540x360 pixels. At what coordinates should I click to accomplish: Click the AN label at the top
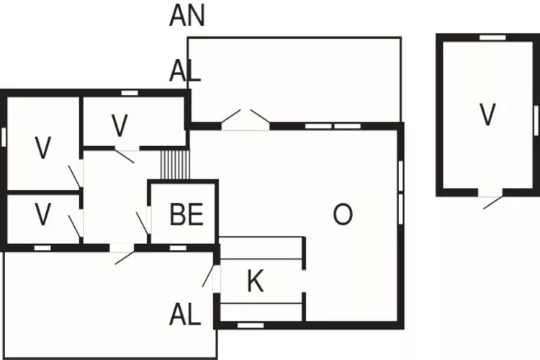coord(187,15)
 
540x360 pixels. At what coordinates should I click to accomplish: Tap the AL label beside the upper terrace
coord(184,71)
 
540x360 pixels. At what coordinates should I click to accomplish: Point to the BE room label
coord(186,215)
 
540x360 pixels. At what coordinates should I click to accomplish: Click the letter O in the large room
coord(343,215)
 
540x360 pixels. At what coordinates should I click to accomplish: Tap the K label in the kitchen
coord(255,282)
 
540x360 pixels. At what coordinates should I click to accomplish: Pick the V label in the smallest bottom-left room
coord(43,215)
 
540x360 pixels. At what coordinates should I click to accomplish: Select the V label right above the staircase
coord(120,125)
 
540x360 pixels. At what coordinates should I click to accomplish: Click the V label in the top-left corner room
coord(43,148)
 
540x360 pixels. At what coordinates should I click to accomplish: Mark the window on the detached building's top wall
coord(492,37)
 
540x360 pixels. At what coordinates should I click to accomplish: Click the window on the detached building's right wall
coord(536,115)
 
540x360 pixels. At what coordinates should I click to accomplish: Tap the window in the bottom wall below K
coord(251,325)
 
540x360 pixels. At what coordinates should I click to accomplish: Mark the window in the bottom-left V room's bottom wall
coord(42,248)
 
